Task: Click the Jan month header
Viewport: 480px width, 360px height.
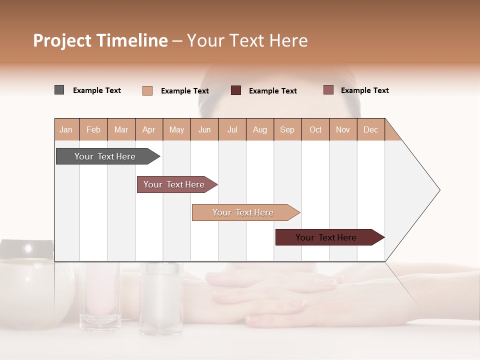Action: click(x=66, y=129)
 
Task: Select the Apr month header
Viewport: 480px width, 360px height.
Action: click(x=148, y=129)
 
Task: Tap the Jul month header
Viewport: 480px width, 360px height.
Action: click(x=232, y=129)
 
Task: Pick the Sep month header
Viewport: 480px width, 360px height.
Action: click(x=287, y=129)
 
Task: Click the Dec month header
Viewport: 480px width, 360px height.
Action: click(x=370, y=129)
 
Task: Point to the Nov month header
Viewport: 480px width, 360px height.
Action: click(x=342, y=129)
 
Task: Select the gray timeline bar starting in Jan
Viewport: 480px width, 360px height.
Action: click(x=105, y=156)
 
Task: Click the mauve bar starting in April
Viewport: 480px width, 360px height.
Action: click(x=174, y=184)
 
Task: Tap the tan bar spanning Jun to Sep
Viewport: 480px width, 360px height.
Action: click(x=243, y=212)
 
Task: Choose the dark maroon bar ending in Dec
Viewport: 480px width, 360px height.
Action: click(x=326, y=237)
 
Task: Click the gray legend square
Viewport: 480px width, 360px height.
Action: click(x=59, y=90)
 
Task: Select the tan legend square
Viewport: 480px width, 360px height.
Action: click(x=147, y=90)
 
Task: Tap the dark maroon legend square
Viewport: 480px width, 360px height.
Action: click(x=235, y=90)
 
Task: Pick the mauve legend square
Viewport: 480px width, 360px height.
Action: click(x=328, y=90)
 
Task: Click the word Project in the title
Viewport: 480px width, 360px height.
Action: click(x=61, y=40)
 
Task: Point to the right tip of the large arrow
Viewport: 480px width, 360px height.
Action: click(x=439, y=190)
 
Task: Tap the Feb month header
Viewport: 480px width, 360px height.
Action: click(x=93, y=129)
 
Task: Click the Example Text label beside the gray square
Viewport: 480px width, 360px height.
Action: click(x=97, y=90)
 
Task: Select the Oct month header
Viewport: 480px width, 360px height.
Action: click(x=315, y=129)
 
